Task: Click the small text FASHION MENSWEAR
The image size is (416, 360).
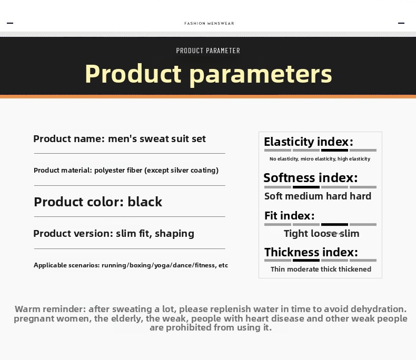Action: click(209, 23)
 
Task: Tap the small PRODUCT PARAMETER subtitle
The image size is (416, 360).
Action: click(208, 51)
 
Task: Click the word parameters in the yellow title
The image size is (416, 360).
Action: click(261, 75)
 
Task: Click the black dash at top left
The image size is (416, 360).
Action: click(10, 23)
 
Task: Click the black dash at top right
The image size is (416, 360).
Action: click(401, 23)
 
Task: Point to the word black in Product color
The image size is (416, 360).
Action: click(145, 202)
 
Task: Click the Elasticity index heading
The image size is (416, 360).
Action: click(309, 142)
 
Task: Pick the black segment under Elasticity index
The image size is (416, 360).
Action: click(334, 151)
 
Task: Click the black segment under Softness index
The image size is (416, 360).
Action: click(306, 187)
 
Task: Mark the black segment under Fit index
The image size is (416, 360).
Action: click(334, 225)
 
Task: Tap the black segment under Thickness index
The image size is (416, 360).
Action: click(306, 261)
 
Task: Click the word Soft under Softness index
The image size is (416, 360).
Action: click(273, 196)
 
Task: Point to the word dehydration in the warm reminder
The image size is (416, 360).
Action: click(379, 309)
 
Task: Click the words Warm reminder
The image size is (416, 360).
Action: click(51, 309)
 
